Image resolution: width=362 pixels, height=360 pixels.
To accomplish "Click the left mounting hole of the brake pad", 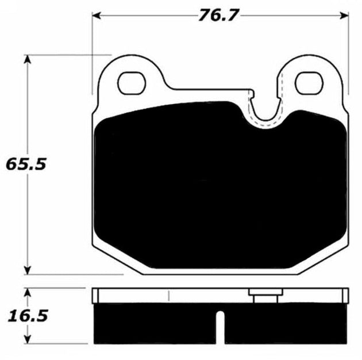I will pyautogui.click(x=132, y=82).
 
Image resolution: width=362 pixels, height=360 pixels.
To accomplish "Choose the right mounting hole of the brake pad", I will pyautogui.click(x=309, y=83).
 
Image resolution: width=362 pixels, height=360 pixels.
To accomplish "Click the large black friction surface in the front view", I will pyautogui.click(x=218, y=184).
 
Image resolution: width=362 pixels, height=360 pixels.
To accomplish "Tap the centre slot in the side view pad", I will pyautogui.click(x=218, y=328).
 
